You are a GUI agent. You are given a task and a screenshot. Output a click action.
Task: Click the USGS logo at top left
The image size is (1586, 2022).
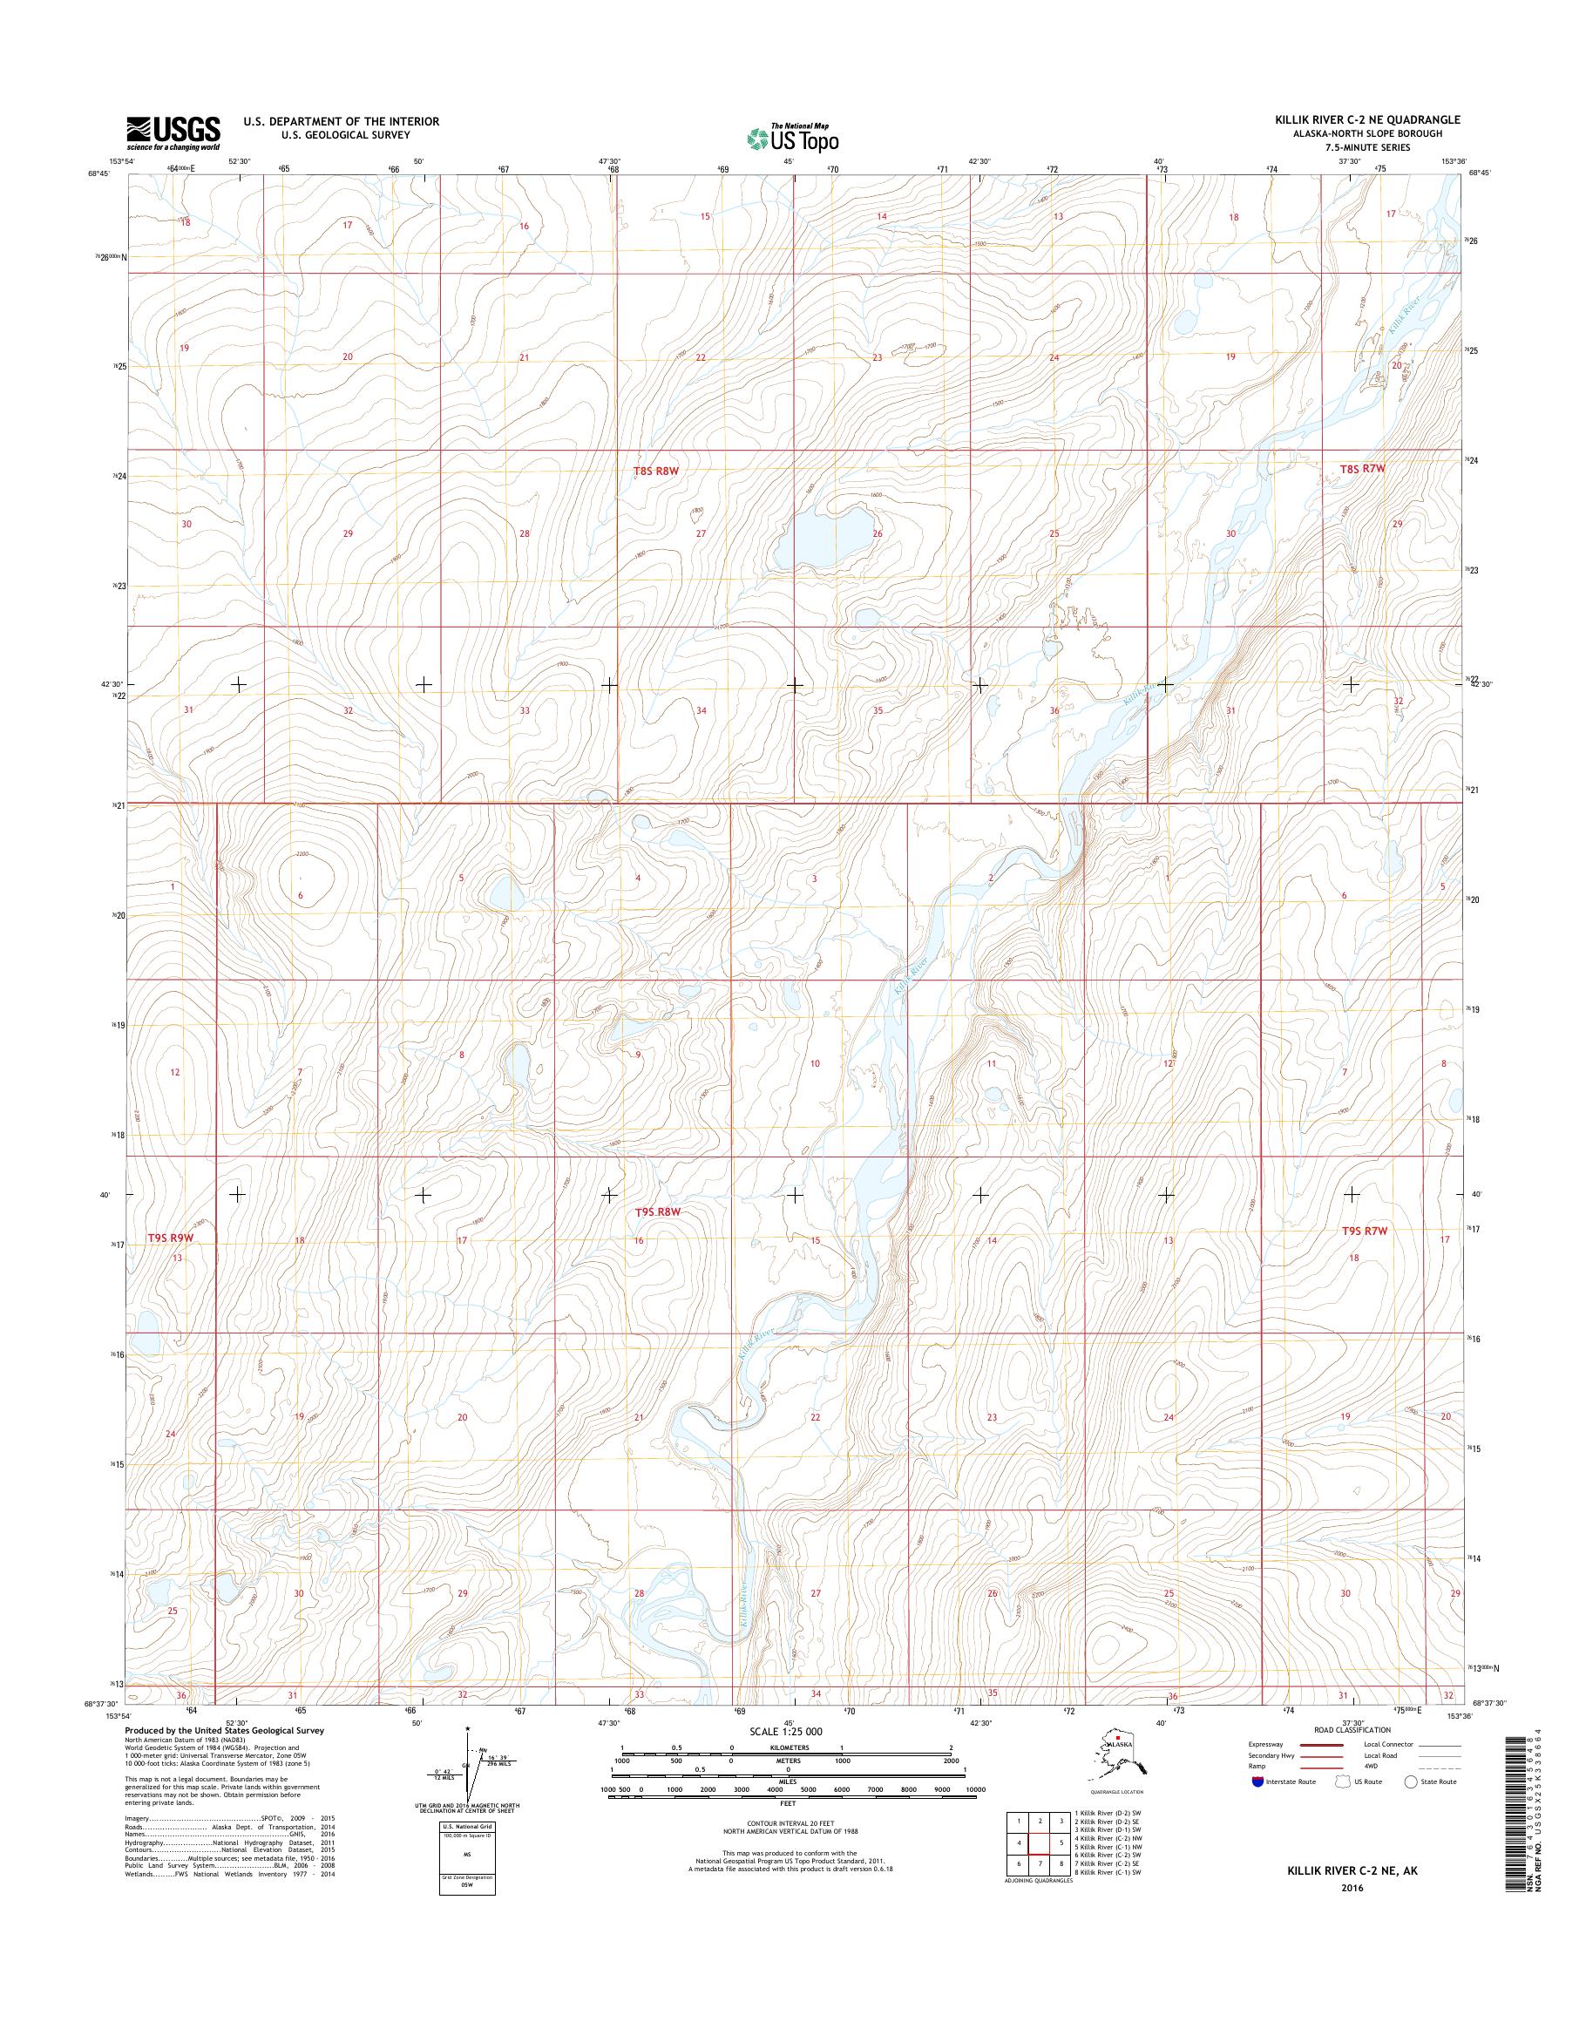pyautogui.click(x=173, y=133)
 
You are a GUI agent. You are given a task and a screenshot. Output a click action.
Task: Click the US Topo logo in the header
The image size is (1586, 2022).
pyautogui.click(x=792, y=138)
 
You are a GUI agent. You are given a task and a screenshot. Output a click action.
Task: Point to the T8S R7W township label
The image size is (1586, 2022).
pyautogui.click(x=1362, y=469)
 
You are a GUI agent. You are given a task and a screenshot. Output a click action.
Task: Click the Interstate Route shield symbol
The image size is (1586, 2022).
pyautogui.click(x=1258, y=1782)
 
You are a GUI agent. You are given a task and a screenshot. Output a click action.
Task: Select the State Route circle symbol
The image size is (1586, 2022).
pyautogui.click(x=1413, y=1781)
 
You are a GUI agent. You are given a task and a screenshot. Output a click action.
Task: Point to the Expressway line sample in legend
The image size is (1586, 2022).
pyautogui.click(x=1321, y=1744)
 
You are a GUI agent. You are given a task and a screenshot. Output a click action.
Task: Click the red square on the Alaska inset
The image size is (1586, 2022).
pyautogui.click(x=1118, y=1738)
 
